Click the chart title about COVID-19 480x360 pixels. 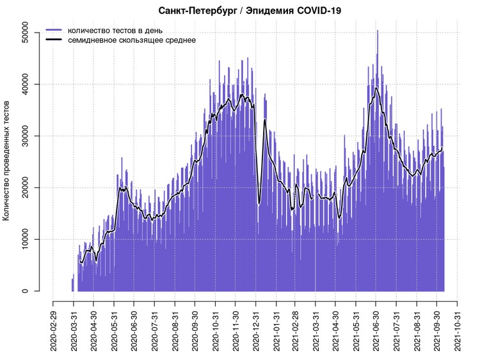pos(249,10)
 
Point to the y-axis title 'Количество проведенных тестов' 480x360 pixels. pos(7,160)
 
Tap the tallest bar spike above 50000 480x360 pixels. pos(377,32)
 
